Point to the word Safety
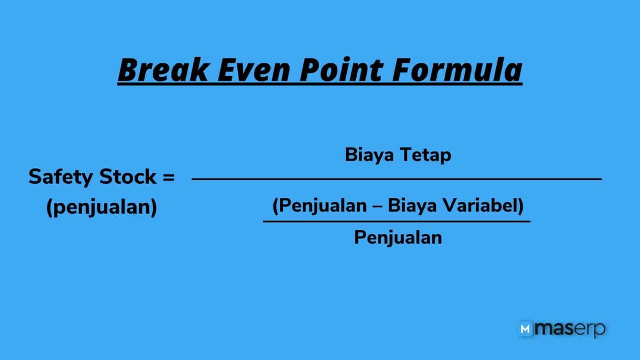61,177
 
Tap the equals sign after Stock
167,177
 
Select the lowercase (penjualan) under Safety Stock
102,207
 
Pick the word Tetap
425,155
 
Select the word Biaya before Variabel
412,205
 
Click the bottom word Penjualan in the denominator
398,237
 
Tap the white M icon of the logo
526,329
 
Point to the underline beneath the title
320,85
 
